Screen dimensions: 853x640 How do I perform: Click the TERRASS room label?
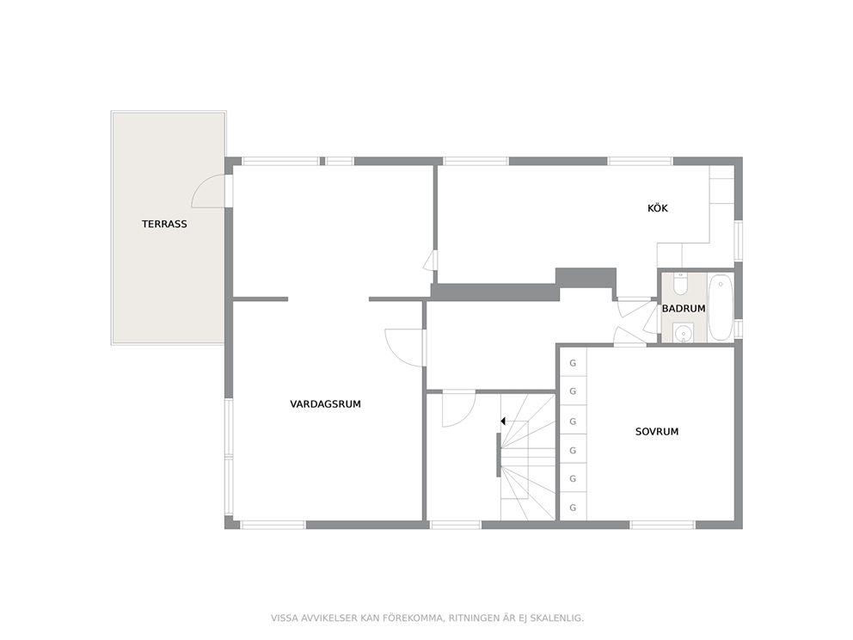pyautogui.click(x=164, y=224)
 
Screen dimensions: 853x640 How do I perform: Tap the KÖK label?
pyautogui.click(x=658, y=208)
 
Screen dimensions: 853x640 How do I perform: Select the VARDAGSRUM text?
pyautogui.click(x=325, y=403)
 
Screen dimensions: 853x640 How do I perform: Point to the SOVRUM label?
pyautogui.click(x=657, y=432)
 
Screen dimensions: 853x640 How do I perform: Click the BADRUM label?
pyautogui.click(x=684, y=309)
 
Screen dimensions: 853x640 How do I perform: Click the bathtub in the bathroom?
pyautogui.click(x=721, y=307)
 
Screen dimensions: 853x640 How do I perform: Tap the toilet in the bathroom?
pyautogui.click(x=680, y=283)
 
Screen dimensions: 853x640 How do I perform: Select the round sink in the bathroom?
pyautogui.click(x=683, y=333)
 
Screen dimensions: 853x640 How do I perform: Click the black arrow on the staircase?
pyautogui.click(x=503, y=422)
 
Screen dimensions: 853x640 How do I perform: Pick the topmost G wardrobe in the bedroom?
pyautogui.click(x=573, y=363)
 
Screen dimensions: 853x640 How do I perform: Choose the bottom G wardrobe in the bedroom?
pyautogui.click(x=573, y=508)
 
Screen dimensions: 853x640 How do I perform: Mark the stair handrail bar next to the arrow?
pyautogui.click(x=499, y=455)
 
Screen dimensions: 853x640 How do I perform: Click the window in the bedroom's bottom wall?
pyautogui.click(x=663, y=526)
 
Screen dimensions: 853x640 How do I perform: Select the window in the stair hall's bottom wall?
pyautogui.click(x=456, y=526)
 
